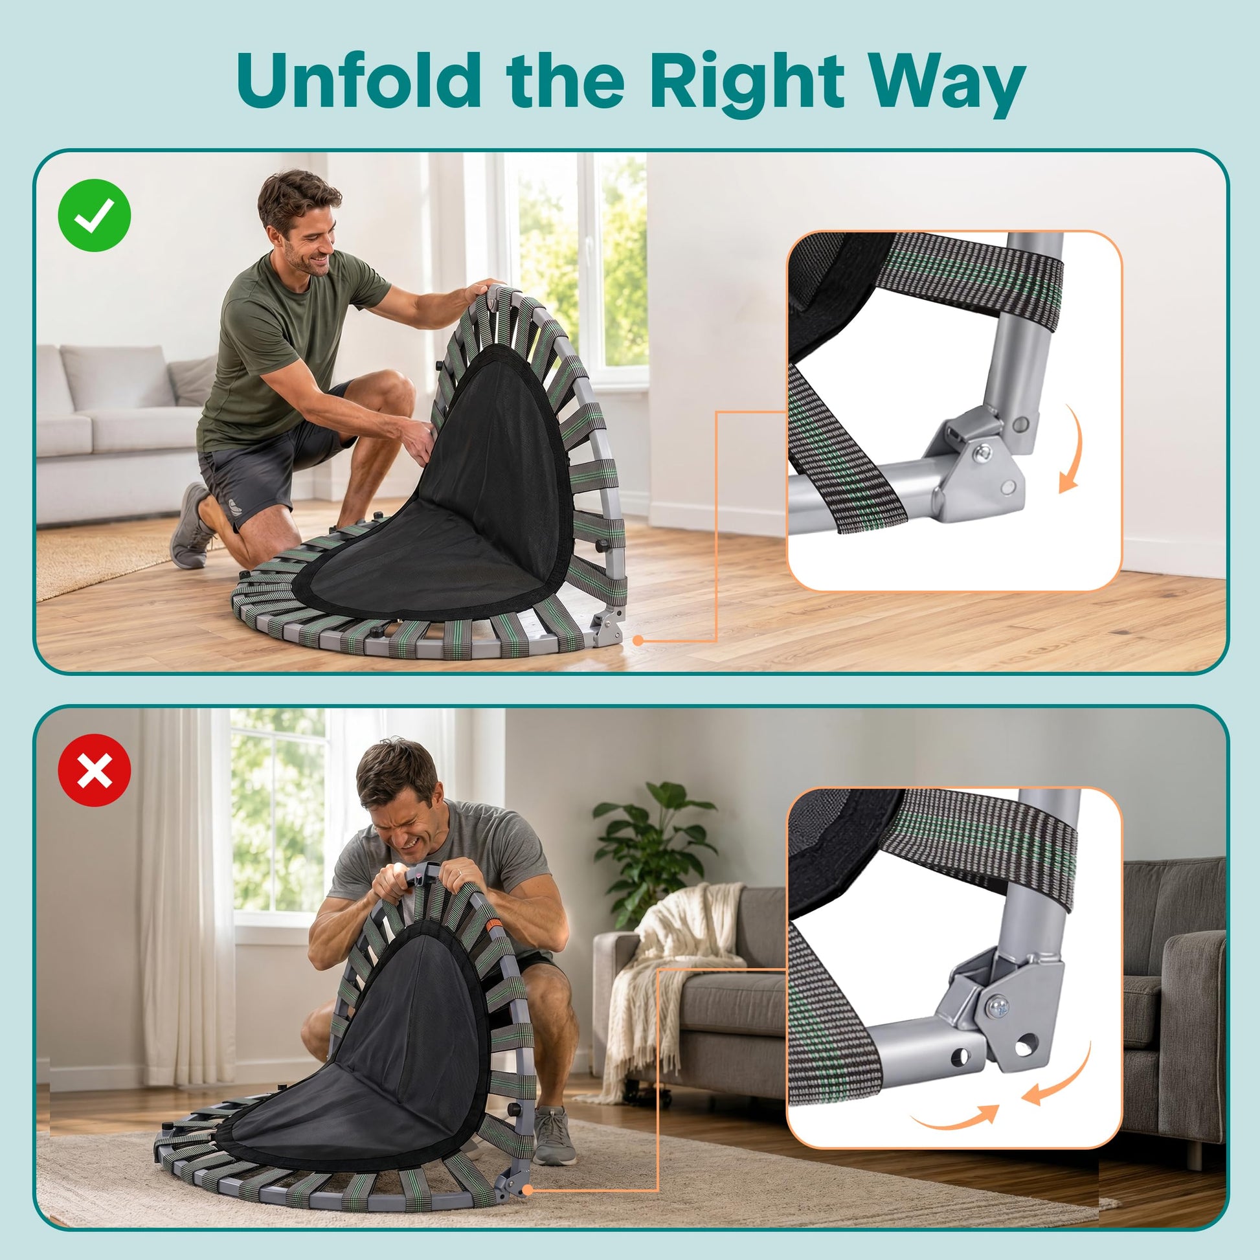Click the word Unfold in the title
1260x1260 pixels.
[359, 82]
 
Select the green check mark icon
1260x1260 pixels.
[95, 215]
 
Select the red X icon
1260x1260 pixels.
[95, 770]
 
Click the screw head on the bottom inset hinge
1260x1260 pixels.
[998, 1008]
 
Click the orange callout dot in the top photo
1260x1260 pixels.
[638, 641]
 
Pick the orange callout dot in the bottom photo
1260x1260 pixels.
[528, 1189]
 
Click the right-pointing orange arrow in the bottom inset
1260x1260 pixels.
[954, 1117]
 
